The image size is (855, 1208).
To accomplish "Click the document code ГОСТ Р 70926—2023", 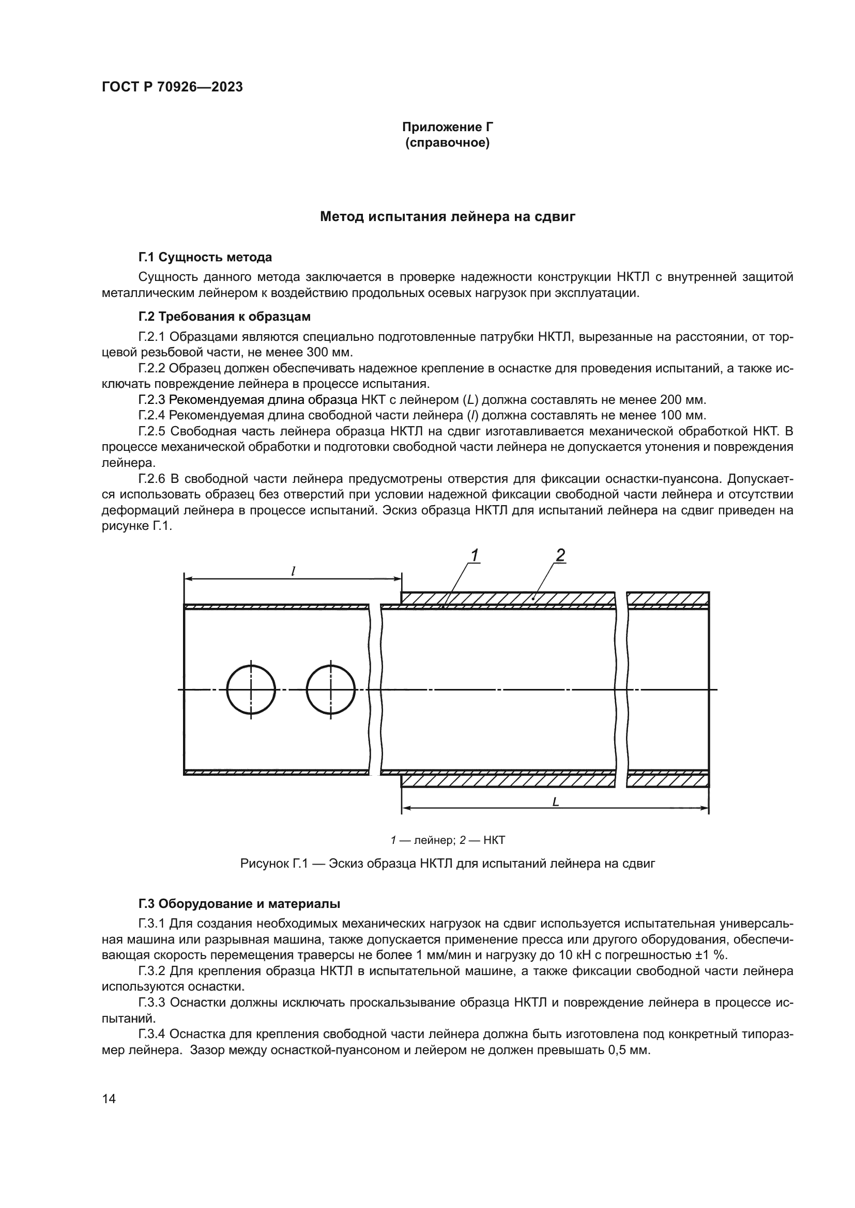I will (x=172, y=87).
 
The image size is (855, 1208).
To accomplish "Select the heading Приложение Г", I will (x=448, y=127).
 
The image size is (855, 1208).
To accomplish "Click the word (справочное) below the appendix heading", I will (x=448, y=143).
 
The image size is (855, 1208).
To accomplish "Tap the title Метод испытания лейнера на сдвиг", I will (x=448, y=217).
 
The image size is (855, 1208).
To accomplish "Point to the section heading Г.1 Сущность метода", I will (x=205, y=257).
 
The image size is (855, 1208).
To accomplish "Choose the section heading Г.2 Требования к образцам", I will (x=224, y=317).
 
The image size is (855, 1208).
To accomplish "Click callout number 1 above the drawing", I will (x=475, y=556).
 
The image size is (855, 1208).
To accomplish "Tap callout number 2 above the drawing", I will (x=560, y=555).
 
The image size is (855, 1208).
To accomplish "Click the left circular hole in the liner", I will (x=251, y=690).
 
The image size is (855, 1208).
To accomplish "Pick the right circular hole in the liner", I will (x=331, y=690).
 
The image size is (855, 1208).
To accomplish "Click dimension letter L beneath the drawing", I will (x=555, y=803).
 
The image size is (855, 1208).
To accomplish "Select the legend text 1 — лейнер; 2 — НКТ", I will (x=448, y=840).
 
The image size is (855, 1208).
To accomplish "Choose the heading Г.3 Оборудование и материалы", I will (x=239, y=904).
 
